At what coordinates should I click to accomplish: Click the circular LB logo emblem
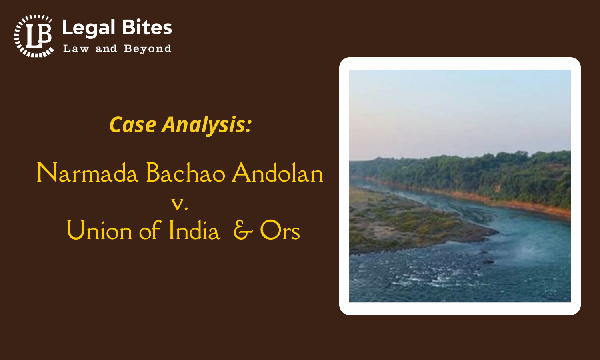tap(34, 36)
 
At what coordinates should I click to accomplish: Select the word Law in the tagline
tap(76, 48)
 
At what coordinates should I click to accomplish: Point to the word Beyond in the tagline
tap(148, 49)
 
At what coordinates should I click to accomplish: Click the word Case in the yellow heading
tap(133, 124)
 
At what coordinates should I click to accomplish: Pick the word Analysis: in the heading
tap(206, 125)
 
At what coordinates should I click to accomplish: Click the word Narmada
tap(88, 173)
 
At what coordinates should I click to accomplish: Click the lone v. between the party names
tap(180, 204)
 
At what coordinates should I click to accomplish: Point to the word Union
tap(99, 230)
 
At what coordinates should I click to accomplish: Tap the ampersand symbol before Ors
tap(243, 230)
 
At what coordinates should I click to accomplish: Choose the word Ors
tap(280, 230)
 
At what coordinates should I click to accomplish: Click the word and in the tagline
tap(106, 49)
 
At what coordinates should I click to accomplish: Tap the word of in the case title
tap(150, 230)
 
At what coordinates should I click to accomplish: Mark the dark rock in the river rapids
tap(488, 262)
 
